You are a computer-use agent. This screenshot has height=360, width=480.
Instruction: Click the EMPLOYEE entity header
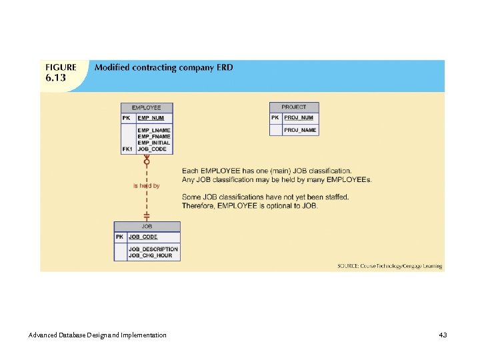click(146, 107)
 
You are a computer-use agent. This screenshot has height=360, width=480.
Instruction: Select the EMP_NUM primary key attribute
click(151, 118)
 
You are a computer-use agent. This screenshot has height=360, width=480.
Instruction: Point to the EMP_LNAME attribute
click(153, 130)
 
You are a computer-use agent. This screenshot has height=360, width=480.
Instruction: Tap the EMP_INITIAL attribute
click(153, 143)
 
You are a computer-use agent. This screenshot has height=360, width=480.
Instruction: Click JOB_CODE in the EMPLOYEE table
click(152, 149)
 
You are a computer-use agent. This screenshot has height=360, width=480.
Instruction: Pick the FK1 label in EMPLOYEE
click(128, 149)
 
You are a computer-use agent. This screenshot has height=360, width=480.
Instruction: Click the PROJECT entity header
click(294, 107)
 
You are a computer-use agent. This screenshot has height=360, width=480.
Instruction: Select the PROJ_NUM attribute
click(298, 118)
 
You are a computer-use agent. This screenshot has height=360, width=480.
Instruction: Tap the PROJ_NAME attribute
click(300, 130)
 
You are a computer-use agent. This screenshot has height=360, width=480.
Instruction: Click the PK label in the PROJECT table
click(275, 118)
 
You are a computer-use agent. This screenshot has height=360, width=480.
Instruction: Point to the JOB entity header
click(147, 227)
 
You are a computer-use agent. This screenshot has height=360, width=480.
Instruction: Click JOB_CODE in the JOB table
click(143, 237)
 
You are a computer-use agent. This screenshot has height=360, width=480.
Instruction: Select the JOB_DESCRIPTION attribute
click(153, 249)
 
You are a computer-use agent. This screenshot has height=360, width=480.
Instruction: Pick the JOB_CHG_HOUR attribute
click(151, 255)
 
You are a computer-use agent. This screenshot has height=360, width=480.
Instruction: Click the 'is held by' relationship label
click(146, 186)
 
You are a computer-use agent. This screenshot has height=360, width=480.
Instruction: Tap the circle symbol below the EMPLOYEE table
click(147, 161)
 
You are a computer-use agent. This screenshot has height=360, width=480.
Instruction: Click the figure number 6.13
click(56, 79)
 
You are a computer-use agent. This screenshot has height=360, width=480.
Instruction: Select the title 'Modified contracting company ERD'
click(164, 67)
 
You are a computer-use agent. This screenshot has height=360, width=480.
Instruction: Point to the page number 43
click(443, 334)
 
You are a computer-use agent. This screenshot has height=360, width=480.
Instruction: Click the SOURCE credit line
click(389, 266)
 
